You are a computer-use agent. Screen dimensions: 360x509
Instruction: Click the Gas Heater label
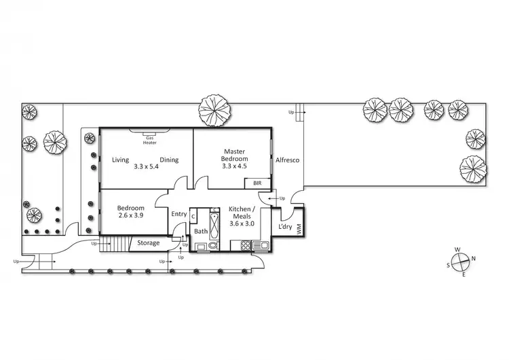coord(149,139)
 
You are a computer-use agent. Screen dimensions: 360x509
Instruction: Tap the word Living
coord(121,160)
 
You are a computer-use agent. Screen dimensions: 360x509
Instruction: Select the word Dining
coord(169,160)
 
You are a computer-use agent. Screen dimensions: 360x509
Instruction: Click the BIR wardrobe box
coord(257,183)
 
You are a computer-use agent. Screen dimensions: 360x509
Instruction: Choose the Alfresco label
coord(288,160)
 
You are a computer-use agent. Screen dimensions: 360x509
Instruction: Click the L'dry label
coord(284,227)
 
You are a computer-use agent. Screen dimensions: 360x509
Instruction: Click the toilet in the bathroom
coord(212,246)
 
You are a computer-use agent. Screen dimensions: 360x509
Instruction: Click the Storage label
coord(149,242)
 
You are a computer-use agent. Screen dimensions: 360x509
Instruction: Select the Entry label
coord(178,214)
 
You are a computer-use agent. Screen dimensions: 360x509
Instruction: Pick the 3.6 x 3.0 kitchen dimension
coord(243,223)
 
